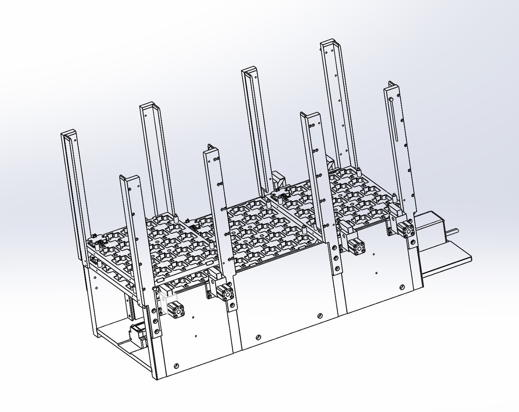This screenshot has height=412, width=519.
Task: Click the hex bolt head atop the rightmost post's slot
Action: click(392, 100)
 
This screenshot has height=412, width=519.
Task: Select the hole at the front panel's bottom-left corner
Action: click(176, 365)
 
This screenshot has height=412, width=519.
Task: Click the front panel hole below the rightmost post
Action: click(402, 287)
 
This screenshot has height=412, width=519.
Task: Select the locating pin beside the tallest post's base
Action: click(359, 169)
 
